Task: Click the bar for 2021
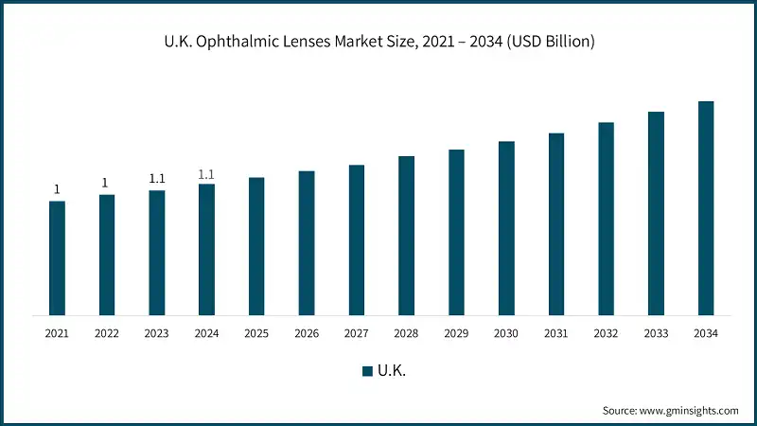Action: [x=57, y=257]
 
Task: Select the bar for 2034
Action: [x=706, y=208]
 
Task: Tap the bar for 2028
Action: [x=406, y=236]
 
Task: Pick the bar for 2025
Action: [x=256, y=246]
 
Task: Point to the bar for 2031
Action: [x=556, y=224]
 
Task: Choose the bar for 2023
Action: [x=157, y=253]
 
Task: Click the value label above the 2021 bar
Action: [x=57, y=189]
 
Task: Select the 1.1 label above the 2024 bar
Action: [x=206, y=174]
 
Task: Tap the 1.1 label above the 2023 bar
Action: [x=157, y=179]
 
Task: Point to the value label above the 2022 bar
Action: [x=106, y=183]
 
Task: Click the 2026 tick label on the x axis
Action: [x=306, y=333]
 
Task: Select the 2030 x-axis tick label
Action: [x=506, y=333]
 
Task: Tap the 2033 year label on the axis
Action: [x=656, y=333]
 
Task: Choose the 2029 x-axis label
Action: [x=456, y=333]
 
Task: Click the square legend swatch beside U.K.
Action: [x=367, y=371]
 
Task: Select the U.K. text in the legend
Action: [x=392, y=371]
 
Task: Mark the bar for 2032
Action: [x=606, y=219]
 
